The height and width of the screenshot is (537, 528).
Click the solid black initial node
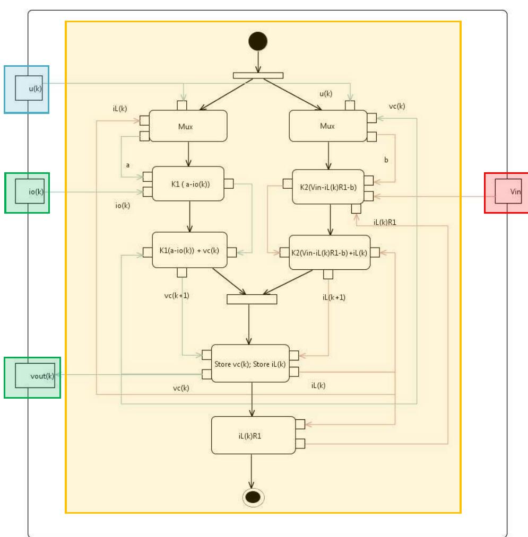click(258, 41)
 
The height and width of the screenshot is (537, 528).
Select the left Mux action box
click(188, 126)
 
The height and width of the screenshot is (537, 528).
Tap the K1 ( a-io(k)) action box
click(188, 184)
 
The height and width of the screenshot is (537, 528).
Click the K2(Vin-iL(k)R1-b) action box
click(328, 187)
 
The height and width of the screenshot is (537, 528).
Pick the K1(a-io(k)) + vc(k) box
click(189, 250)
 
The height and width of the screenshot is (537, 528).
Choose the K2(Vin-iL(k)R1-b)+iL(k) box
click(328, 252)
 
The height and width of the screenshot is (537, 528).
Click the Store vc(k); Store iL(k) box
click(250, 363)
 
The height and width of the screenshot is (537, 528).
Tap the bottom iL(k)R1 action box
click(253, 435)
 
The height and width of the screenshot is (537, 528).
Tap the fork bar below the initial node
click(258, 75)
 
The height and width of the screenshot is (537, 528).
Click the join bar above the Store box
click(252, 299)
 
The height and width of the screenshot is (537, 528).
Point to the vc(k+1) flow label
click(177, 295)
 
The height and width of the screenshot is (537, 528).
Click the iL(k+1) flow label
click(334, 297)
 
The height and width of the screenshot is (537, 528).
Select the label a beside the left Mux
click(127, 165)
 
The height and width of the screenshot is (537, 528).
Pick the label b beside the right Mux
click(386, 159)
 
